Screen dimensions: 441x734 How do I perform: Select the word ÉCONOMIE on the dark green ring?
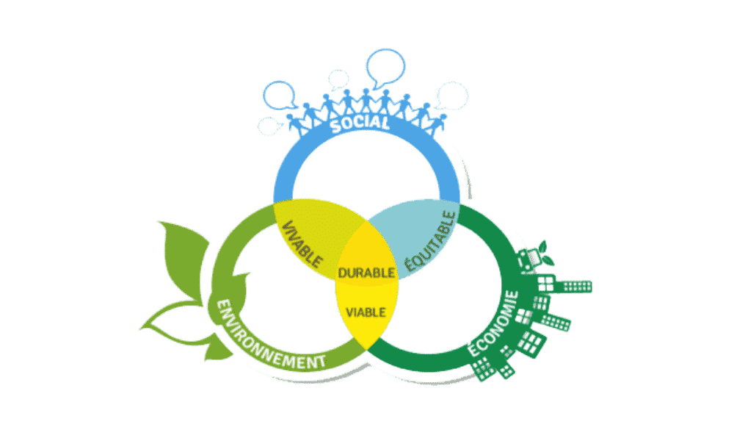(x=493, y=324)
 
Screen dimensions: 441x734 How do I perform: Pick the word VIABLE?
(x=366, y=312)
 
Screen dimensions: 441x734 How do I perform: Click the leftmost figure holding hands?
(x=294, y=122)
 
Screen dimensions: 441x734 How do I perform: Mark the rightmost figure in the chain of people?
(x=439, y=122)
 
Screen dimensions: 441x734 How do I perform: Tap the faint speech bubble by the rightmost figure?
(x=452, y=96)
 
